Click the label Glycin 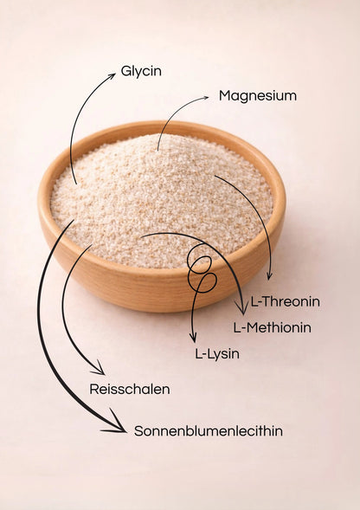point(141,72)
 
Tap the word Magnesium point(258,96)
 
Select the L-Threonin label point(286,301)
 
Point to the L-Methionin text point(273,327)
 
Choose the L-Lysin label point(217,354)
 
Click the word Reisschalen point(130,389)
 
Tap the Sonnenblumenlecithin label point(209,431)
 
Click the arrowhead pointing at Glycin point(112,76)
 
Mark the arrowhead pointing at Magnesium point(205,98)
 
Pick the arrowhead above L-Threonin point(269,276)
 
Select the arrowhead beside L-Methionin point(242,308)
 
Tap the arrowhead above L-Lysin point(194,338)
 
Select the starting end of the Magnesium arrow point(158,150)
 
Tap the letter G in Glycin point(125,71)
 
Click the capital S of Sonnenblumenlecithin point(138,431)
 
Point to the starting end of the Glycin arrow point(76,183)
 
